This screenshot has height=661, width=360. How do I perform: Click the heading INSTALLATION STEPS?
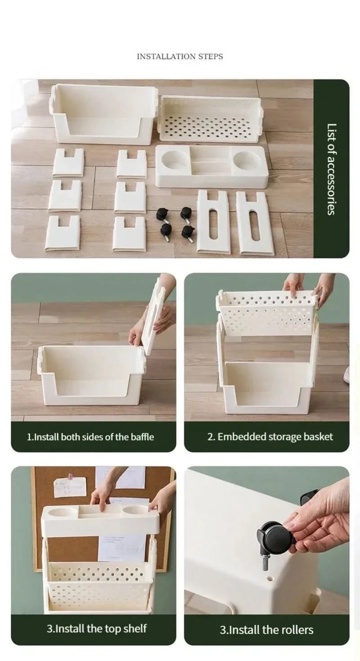pos(180,56)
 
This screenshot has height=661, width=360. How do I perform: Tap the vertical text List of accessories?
pos(331,169)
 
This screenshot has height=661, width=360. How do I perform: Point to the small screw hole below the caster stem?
pos(270,576)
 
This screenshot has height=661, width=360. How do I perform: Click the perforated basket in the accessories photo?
pos(211,119)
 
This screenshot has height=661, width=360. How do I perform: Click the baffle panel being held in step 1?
pos(154,316)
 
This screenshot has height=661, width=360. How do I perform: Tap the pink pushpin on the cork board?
pos(70,476)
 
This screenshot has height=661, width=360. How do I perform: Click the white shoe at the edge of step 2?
pos(346,375)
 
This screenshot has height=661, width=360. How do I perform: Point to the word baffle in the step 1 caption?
pos(143,437)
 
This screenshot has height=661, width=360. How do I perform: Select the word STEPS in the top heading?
pos(211,56)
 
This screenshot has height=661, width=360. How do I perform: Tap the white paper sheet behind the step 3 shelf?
pos(121,548)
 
